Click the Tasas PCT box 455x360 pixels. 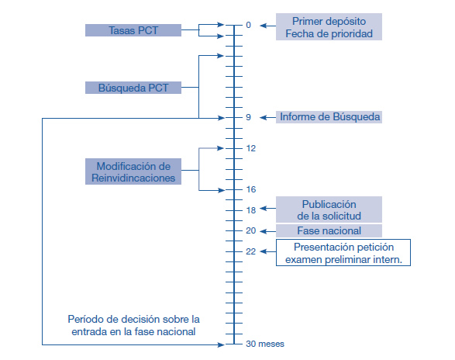[133, 30]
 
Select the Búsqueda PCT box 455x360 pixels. [133, 88]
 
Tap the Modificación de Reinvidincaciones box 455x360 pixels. [133, 171]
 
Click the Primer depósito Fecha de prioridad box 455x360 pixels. [329, 26]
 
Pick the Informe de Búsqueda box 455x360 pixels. [329, 117]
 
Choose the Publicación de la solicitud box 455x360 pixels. [329, 209]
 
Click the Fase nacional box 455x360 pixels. [329, 230]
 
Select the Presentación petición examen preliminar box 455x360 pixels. [343, 252]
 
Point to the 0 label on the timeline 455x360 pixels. [248, 25]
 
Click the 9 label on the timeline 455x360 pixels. [248, 117]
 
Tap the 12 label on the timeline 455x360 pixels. [251, 148]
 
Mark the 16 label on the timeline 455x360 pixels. [251, 189]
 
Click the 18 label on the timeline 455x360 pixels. [251, 210]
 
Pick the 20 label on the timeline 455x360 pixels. [251, 230]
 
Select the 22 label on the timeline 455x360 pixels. [251, 251]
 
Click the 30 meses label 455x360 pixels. [265, 344]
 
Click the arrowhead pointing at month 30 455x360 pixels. [221, 344]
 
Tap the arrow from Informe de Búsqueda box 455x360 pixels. [268, 117]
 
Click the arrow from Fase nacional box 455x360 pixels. [268, 231]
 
